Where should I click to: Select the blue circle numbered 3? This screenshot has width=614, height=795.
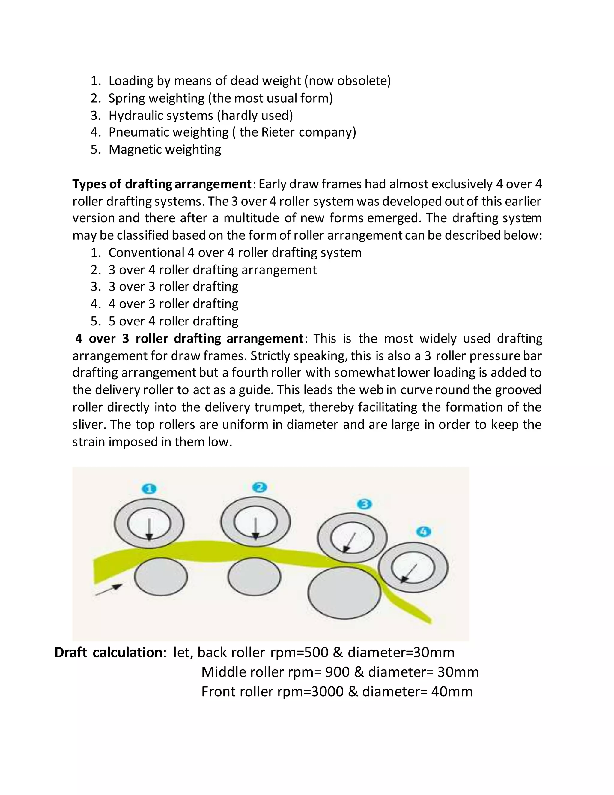pos(365,504)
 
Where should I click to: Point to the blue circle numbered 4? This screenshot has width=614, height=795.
pos(423,532)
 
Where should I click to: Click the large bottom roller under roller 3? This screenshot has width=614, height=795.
pos(344,592)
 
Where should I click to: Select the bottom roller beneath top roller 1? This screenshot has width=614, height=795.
pos(161,577)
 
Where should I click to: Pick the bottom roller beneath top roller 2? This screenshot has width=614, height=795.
pos(254,577)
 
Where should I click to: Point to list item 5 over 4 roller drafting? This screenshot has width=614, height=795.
pos(173,321)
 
